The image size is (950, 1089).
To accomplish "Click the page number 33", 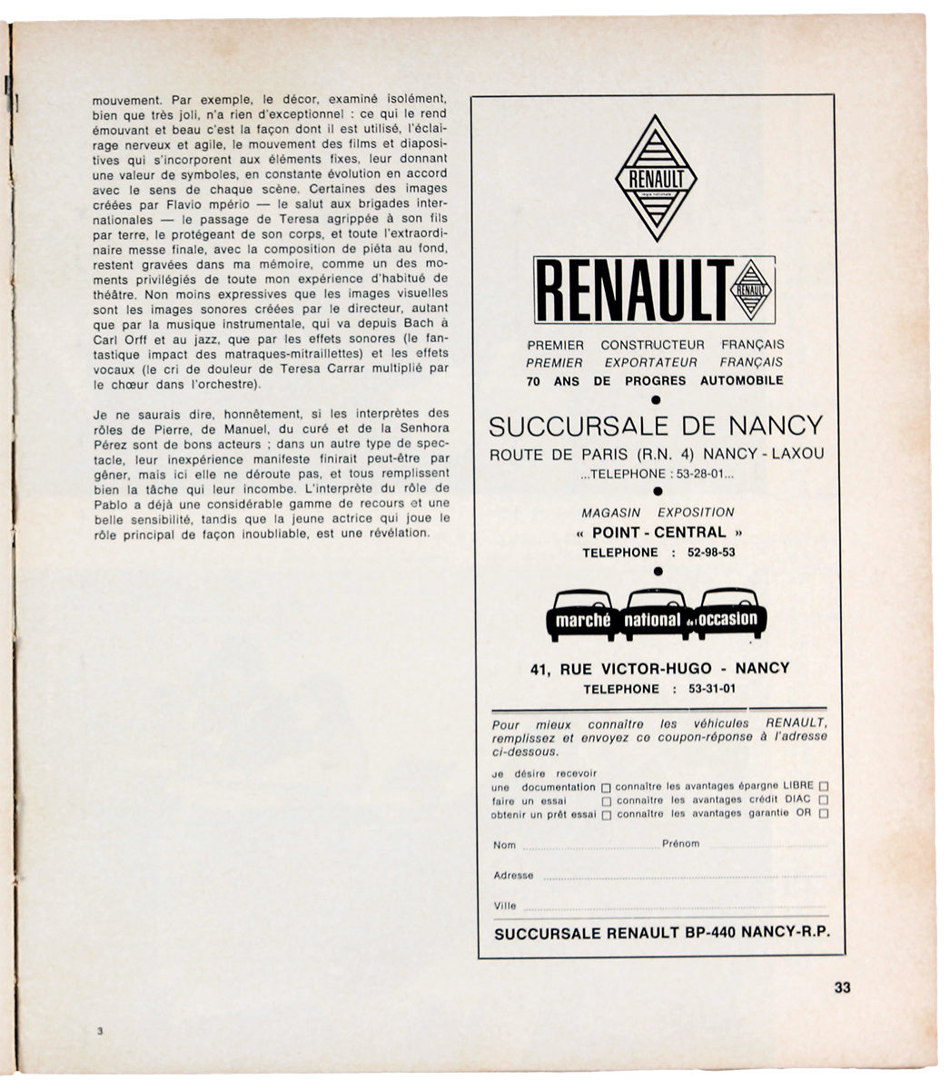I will [842, 988].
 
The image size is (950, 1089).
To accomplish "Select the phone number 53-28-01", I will [697, 474].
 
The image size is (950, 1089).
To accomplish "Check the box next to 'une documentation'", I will [606, 788].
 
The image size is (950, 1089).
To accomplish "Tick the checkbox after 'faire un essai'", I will [606, 801].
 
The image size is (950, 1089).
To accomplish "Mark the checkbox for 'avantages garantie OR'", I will [823, 815].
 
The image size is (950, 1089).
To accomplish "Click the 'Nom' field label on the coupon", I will [504, 845].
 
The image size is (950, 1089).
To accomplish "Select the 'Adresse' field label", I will [513, 876].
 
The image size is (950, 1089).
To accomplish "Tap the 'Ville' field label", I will [505, 906].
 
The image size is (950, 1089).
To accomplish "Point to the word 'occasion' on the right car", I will [728, 620].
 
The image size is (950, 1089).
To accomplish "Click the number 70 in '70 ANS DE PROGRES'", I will [535, 381].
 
